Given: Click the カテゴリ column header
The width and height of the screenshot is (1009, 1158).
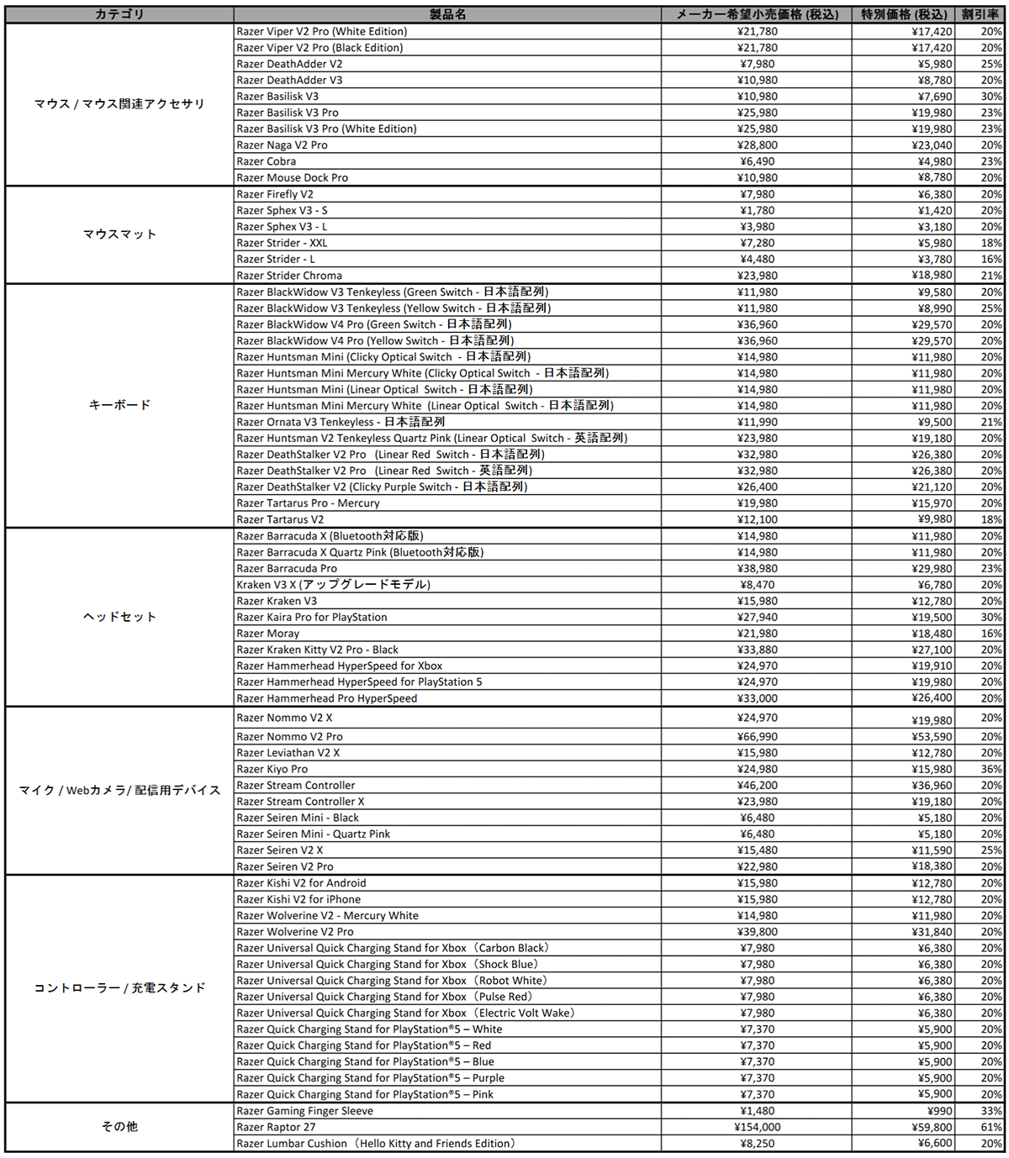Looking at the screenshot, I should (119, 14).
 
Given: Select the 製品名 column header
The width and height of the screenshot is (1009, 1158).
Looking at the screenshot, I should (447, 14).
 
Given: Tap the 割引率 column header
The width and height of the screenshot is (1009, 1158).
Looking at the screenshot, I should (980, 14).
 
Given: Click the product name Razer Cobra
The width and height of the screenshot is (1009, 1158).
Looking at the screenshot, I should (267, 161).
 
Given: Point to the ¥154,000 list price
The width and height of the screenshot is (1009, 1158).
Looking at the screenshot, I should (757, 1127).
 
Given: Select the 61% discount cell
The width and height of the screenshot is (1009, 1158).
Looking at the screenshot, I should (991, 1127).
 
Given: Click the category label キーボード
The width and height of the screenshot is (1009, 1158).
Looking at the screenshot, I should (119, 405).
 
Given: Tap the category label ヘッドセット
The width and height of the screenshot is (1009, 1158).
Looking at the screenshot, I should (119, 617).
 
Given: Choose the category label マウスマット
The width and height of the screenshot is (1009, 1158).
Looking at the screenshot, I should (119, 234).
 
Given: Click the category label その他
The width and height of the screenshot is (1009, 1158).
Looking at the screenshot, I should (119, 1127).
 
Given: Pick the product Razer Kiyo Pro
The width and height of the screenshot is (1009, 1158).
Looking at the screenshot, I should (272, 769).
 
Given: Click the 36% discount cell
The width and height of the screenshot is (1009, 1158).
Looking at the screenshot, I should (991, 769).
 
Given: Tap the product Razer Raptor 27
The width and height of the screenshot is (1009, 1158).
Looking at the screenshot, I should (277, 1127).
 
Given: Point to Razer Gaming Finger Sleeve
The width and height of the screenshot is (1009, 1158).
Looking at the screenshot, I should (305, 1111).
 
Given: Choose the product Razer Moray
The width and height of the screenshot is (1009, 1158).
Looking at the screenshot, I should (268, 634).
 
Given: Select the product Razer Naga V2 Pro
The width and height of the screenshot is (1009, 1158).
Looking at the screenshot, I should (283, 145).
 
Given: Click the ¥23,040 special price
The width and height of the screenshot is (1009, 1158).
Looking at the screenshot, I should (932, 145).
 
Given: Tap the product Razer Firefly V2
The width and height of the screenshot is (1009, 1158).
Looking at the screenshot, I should (275, 194).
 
